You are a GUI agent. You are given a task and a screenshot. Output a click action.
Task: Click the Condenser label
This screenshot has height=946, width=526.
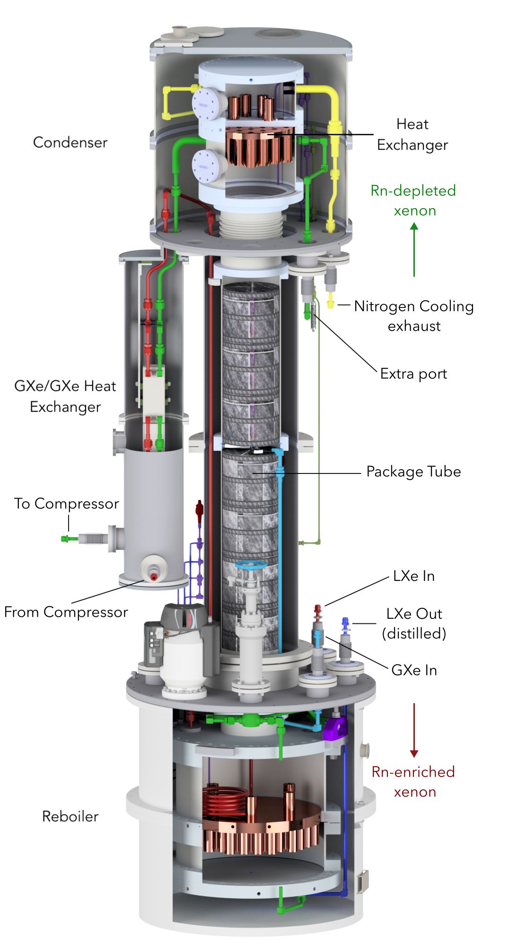70,142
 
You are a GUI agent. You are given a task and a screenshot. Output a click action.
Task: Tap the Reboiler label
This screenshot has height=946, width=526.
70,816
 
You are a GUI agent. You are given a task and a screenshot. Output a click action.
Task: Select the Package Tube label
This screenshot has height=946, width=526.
413,472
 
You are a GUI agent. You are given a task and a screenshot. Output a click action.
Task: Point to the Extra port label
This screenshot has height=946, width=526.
413,374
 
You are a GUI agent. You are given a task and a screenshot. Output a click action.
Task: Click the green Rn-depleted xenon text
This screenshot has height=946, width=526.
413,201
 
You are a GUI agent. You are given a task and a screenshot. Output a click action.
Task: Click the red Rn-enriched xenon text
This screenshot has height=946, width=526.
413,782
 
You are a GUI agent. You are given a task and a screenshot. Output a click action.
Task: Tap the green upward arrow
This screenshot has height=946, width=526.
414,249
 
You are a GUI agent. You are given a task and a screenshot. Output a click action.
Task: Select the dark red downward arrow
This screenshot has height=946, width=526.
414,730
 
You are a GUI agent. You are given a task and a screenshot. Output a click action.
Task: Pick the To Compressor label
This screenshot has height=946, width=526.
66,504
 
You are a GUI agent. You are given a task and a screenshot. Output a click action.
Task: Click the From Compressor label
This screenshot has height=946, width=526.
66,612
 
